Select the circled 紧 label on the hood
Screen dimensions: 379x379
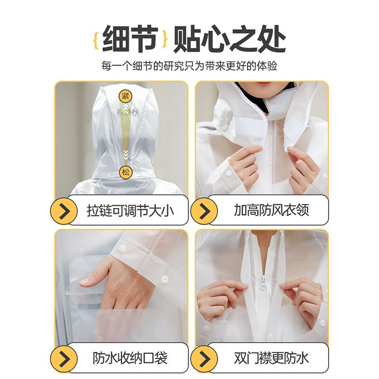click(x=125, y=95)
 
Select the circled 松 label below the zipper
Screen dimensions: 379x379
click(x=125, y=171)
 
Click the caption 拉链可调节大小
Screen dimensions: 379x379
click(x=130, y=210)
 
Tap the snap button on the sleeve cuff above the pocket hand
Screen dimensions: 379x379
click(x=164, y=280)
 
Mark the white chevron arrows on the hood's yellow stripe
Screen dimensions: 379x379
click(x=125, y=154)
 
